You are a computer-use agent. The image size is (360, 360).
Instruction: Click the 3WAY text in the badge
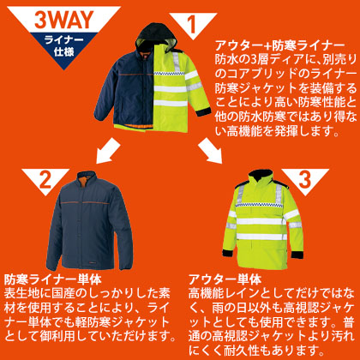click(64, 20)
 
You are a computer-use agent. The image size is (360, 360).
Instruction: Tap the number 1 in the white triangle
click(192, 24)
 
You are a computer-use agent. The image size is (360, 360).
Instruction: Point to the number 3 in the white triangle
click(305, 179)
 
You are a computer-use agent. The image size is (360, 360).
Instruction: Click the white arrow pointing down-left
click(108, 151)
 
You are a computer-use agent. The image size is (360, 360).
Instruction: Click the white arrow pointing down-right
click(210, 151)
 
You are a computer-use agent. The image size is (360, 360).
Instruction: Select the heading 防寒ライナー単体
click(53, 279)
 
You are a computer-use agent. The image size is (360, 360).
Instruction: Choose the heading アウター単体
click(225, 279)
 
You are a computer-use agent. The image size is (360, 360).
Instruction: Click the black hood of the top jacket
click(156, 34)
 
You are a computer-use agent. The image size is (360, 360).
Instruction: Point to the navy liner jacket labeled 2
click(89, 221)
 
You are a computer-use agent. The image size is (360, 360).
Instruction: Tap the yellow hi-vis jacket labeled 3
click(263, 220)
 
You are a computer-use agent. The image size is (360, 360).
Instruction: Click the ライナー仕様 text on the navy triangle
click(63, 45)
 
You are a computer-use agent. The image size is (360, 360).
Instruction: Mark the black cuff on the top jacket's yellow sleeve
click(203, 111)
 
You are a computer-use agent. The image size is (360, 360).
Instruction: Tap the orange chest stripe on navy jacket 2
click(85, 203)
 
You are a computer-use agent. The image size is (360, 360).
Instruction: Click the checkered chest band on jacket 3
click(259, 205)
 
